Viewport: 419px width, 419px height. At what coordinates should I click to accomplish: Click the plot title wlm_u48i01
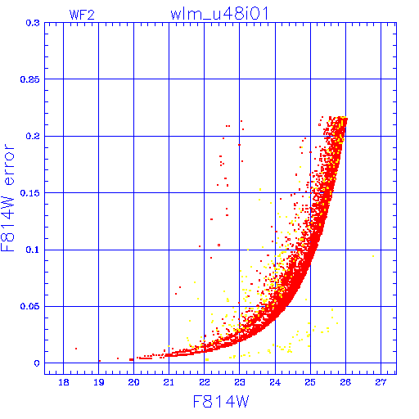coord(219,14)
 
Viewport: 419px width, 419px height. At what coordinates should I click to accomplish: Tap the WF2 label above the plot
coord(82,15)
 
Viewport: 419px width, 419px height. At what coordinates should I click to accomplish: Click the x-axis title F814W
coord(221,402)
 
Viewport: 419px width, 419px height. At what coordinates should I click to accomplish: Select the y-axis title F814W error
coord(7,198)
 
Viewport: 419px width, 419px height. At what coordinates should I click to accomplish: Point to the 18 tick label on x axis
coord(64,382)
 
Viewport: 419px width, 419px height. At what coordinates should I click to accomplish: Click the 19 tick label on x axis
coord(99,382)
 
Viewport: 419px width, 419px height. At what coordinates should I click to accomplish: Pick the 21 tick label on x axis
coord(169,382)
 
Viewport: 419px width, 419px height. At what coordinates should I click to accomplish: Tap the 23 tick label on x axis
coord(240,382)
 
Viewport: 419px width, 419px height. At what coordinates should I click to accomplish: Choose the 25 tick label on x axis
coord(310,382)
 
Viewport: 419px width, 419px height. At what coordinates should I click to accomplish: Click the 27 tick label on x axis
coord(381,382)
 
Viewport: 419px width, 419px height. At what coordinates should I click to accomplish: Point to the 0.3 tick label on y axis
coord(33,23)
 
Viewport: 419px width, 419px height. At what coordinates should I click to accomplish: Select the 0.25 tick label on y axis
coord(30,79)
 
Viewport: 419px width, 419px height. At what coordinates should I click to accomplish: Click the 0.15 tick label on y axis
coord(30,193)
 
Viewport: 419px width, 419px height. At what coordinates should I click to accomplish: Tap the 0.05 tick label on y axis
coord(30,306)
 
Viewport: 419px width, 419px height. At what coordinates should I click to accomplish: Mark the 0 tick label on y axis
coord(37,363)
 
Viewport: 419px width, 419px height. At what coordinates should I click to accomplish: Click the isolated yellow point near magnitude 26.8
coord(373,256)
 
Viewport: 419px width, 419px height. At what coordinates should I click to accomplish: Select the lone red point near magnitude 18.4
coord(76,349)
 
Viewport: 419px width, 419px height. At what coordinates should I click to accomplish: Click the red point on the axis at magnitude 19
coord(100,361)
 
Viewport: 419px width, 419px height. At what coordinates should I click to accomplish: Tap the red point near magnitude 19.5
coord(118,358)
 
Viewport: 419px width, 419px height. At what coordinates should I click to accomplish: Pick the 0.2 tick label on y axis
coord(33,136)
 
